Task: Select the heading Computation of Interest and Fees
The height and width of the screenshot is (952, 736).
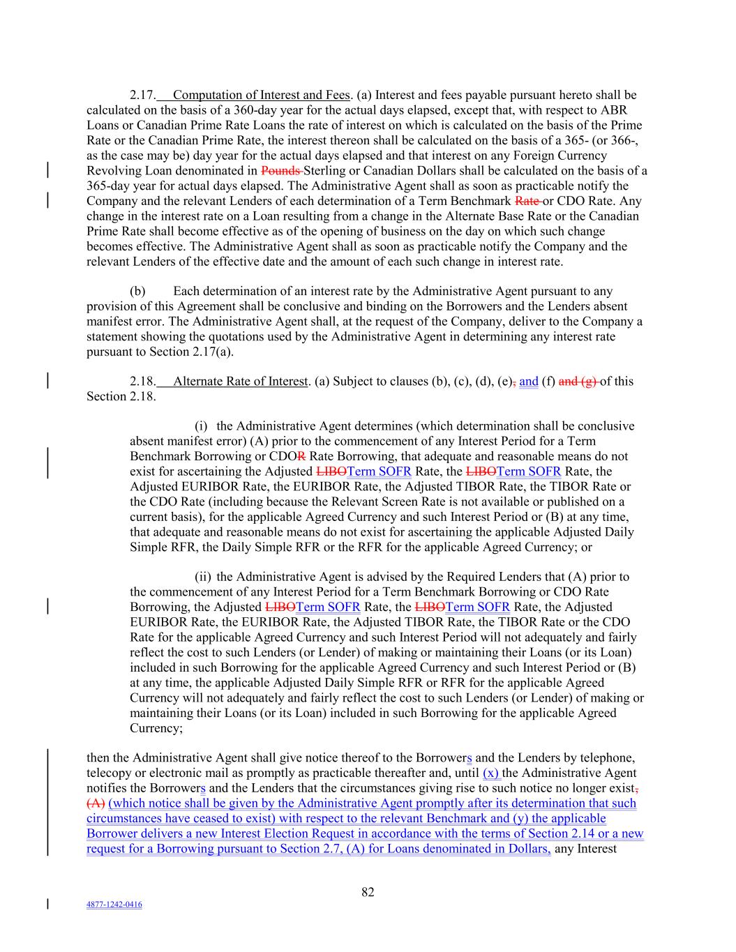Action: (261, 96)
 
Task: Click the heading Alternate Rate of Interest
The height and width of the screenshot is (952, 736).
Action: (241, 381)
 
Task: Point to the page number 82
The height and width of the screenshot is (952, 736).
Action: (368, 892)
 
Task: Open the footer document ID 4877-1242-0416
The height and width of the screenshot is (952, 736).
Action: (114, 905)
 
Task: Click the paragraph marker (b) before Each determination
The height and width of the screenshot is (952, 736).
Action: (137, 292)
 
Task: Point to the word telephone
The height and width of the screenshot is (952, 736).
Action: (608, 757)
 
